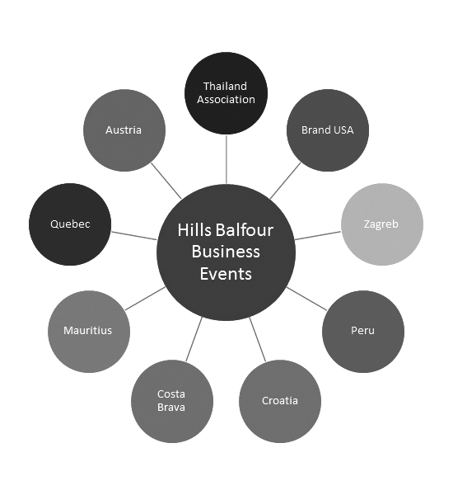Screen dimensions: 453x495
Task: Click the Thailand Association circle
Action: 226,93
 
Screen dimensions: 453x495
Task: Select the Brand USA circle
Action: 328,130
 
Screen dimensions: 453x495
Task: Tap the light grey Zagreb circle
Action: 382,224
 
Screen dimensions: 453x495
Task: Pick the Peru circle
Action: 363,332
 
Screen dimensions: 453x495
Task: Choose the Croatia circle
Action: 280,401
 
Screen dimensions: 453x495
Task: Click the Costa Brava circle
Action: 172,401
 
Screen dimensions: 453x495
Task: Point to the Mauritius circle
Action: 89,332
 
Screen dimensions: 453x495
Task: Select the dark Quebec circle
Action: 70,224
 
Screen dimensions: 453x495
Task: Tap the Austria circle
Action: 124,130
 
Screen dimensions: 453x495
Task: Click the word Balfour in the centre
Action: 245,229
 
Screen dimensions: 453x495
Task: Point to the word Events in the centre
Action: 226,273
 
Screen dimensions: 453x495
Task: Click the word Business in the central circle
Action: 226,252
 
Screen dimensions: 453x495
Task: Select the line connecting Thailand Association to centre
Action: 226,159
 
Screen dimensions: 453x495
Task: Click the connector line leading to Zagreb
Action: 318,235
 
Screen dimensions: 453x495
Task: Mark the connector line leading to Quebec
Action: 133,235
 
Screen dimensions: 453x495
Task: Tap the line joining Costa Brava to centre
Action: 194,339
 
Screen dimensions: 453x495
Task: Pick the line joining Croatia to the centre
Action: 258,339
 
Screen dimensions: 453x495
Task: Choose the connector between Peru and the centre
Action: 306,299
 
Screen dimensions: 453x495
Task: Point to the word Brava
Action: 171,408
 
